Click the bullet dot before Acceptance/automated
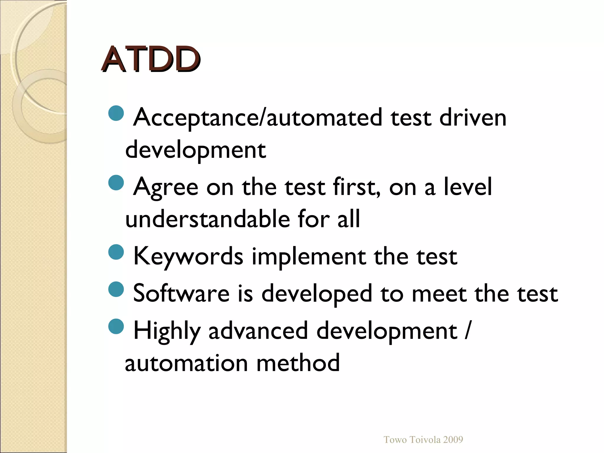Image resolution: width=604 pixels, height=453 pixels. [116, 113]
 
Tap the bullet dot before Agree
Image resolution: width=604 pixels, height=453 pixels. [116, 183]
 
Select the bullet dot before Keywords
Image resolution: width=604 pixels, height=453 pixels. [116, 252]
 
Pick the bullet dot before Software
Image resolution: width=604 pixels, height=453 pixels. [116, 289]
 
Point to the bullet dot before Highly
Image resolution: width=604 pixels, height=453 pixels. [116, 326]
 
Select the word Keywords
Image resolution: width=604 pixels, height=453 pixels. [188, 256]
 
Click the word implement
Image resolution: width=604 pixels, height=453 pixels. [308, 256]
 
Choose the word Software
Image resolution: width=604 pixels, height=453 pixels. [181, 293]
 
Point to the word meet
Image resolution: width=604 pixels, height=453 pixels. [439, 293]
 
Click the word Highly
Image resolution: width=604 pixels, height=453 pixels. [167, 331]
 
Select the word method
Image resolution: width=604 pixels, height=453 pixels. [298, 363]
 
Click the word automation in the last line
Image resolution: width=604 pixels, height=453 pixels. [186, 363]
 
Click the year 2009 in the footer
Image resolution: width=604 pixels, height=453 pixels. [453, 439]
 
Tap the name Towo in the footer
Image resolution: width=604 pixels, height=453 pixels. [395, 439]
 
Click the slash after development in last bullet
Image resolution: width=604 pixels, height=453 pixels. [467, 330]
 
